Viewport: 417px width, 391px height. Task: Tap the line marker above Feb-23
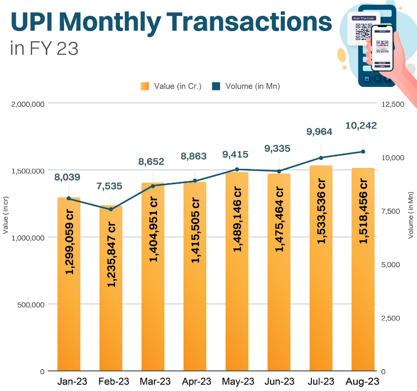pyautogui.click(x=111, y=209)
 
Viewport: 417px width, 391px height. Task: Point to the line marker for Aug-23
pyautogui.click(x=363, y=152)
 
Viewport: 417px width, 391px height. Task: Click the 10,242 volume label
pyautogui.click(x=361, y=125)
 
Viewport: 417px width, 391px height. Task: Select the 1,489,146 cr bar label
pyautogui.click(x=237, y=219)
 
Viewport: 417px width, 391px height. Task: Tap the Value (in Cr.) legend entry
pyautogui.click(x=171, y=86)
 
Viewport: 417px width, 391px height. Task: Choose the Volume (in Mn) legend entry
pyautogui.click(x=246, y=86)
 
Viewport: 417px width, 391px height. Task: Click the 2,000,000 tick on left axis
pyautogui.click(x=28, y=104)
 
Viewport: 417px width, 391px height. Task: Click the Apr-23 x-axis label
pyautogui.click(x=195, y=382)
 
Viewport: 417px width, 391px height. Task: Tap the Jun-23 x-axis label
pyautogui.click(x=279, y=382)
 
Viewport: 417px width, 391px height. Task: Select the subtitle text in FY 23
pyautogui.click(x=44, y=49)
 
